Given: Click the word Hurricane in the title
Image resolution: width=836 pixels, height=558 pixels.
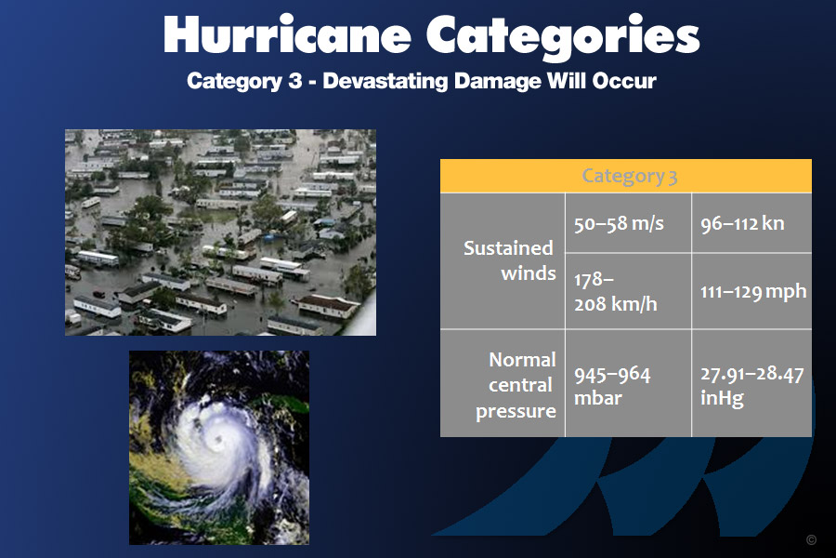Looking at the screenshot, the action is [x=287, y=34].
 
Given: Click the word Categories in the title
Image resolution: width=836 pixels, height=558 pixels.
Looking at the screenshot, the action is [x=563, y=35].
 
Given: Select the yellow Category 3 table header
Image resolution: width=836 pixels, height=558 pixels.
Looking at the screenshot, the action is [x=626, y=176].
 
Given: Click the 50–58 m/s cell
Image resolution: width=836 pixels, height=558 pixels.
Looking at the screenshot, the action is [x=628, y=222].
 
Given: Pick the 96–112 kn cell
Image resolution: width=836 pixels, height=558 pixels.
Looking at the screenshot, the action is [x=751, y=222].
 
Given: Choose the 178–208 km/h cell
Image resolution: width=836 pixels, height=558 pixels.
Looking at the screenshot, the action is [x=628, y=291].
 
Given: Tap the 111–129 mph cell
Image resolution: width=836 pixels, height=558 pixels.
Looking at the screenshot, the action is [x=751, y=291].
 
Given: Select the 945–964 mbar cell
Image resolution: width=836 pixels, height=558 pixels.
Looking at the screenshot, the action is [x=628, y=383].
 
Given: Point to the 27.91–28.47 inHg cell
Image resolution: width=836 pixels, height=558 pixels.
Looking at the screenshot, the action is [x=751, y=383].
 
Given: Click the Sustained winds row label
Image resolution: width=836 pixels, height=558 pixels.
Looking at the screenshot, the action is [x=509, y=260].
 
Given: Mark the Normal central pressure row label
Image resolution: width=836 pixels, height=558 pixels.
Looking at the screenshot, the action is [x=516, y=385].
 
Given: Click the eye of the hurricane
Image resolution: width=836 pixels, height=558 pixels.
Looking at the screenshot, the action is [x=218, y=440].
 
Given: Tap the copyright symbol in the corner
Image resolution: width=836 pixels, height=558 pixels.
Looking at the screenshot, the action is [x=812, y=539].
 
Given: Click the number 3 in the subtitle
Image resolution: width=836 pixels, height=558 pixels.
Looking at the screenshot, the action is [x=295, y=81].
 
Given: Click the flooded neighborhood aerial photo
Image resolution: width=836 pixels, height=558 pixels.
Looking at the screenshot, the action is [x=220, y=232].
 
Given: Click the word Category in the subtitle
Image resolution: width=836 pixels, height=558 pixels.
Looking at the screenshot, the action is [x=235, y=82].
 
